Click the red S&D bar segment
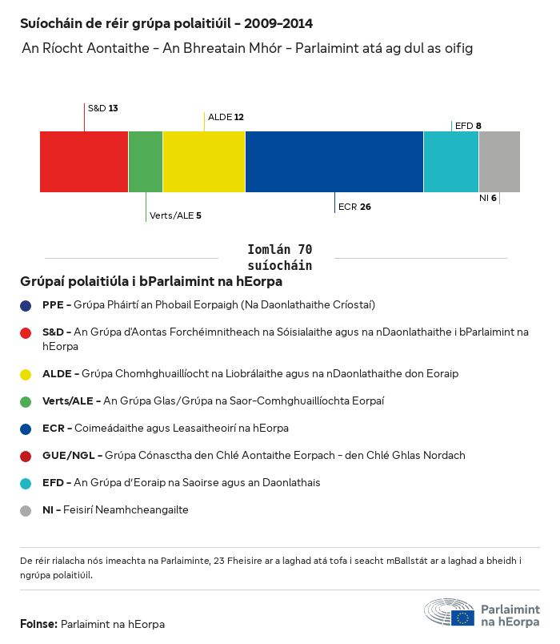84,162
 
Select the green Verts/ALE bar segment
146,162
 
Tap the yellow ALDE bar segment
204,162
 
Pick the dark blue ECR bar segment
334,162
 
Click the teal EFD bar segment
451,162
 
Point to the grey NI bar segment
499,162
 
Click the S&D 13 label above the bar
102,108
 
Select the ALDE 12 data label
226,117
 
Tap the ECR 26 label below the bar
354,207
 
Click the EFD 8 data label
468,126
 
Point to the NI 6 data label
488,198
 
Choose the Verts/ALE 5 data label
175,215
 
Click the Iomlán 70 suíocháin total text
280,258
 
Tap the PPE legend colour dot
26,305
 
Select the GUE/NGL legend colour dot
26,456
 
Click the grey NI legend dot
26,510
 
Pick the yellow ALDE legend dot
26,374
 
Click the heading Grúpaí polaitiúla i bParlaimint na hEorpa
151,282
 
